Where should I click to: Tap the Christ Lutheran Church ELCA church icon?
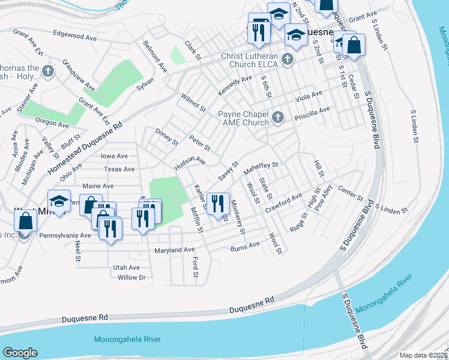click(x=288, y=59)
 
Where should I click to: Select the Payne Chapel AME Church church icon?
click(x=277, y=116)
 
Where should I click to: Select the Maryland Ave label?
click(x=175, y=250)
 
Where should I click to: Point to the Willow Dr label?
click(x=132, y=277)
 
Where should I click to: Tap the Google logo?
click(x=20, y=353)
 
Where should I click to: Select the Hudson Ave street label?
click(x=190, y=162)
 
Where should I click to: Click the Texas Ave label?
click(x=119, y=170)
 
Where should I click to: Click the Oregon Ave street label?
click(x=52, y=123)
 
